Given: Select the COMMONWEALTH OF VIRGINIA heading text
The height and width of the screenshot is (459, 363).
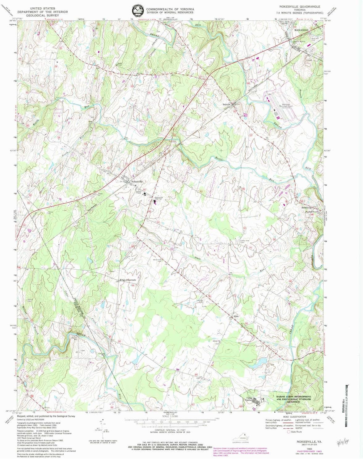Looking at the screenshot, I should pyautogui.click(x=170, y=9).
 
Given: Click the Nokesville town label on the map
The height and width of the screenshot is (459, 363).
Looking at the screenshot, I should pyautogui.click(x=137, y=182).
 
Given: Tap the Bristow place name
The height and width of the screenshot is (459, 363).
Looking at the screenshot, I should pyautogui.click(x=227, y=105).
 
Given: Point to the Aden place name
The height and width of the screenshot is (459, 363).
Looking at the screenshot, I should pyautogui.click(x=236, y=316).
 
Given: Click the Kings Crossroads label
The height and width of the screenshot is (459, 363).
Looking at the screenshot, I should pyautogui.click(x=128, y=280).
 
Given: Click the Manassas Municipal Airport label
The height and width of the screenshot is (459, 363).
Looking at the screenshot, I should pyautogui.click(x=286, y=106).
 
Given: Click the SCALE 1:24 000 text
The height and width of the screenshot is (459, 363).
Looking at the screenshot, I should pyautogui.click(x=170, y=416).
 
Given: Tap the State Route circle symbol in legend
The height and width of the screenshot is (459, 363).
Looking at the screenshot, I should pyautogui.click(x=289, y=432).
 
